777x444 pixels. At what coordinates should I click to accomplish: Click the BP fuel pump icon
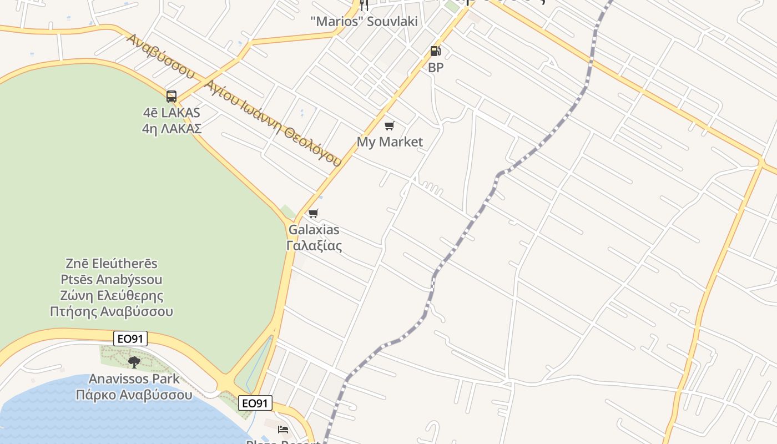436,52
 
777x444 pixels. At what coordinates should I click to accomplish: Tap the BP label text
436,68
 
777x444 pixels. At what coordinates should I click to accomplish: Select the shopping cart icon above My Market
390,126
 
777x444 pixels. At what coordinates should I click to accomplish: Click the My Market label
390,142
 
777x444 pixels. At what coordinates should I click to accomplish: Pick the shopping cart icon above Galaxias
314,214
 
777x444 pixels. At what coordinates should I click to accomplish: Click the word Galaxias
314,230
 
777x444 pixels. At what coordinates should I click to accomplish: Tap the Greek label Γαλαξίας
314,245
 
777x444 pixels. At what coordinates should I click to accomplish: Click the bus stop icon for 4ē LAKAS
171,97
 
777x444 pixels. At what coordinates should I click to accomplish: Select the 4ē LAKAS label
171,113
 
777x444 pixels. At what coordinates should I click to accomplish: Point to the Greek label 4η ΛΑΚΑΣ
171,129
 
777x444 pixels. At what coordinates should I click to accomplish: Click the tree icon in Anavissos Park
134,362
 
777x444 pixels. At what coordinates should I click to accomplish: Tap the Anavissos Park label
134,379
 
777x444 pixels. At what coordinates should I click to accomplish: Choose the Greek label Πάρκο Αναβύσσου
134,395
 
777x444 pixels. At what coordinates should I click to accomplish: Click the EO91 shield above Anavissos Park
130,339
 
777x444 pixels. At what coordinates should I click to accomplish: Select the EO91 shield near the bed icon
255,403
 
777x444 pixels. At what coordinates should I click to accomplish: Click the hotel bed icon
283,429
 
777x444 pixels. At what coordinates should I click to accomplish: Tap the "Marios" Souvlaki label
364,22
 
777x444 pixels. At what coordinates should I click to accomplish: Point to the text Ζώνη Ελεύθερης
112,295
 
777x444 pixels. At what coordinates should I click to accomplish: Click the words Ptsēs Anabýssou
112,279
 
